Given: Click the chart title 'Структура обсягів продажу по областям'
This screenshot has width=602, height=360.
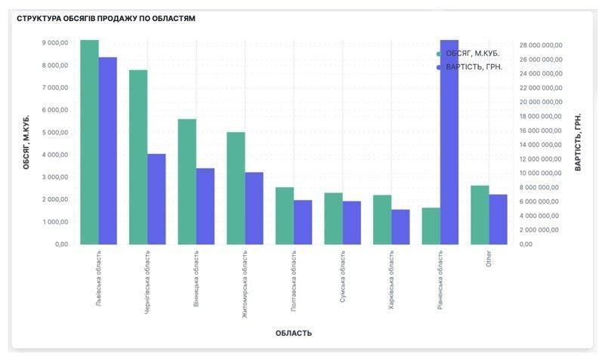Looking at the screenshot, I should pos(106,18).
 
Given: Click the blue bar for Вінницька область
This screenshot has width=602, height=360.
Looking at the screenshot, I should pos(205,206).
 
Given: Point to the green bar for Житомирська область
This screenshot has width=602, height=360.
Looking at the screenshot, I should pos(236,188).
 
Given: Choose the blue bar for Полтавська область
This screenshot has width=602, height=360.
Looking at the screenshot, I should pos(303,222).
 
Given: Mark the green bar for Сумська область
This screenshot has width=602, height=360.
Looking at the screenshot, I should pos(333,218).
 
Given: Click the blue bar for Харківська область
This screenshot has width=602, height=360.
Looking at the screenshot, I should pos(400,226).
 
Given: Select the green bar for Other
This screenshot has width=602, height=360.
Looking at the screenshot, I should pos(480,214).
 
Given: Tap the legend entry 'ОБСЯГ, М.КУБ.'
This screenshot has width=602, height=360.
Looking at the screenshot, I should pos(472,54).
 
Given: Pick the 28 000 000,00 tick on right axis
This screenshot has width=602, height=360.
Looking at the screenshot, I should pos(541,45).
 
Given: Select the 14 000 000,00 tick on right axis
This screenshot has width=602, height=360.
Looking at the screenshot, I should pos(541,145).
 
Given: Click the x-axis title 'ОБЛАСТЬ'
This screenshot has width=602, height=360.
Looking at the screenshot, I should pos(294,333).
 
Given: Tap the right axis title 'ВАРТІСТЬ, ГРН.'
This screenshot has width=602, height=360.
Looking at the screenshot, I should pos(578,142).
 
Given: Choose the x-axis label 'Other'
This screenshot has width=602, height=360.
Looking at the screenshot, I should pos(489,259).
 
